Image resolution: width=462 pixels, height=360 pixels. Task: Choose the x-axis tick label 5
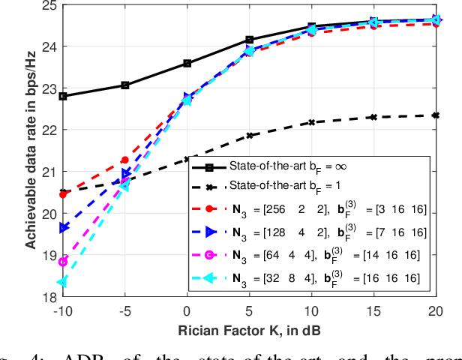pos(250,310)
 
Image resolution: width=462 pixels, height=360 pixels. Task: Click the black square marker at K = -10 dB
pos(63,96)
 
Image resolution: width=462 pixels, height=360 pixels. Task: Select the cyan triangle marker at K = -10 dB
pos(63,283)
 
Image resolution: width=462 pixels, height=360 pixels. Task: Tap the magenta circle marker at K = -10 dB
pos(63,262)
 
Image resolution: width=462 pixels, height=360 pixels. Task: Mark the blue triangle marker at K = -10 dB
pos(63,228)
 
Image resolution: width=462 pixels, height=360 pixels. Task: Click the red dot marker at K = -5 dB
pos(125,160)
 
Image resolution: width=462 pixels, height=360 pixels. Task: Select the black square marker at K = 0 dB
pos(187,64)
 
